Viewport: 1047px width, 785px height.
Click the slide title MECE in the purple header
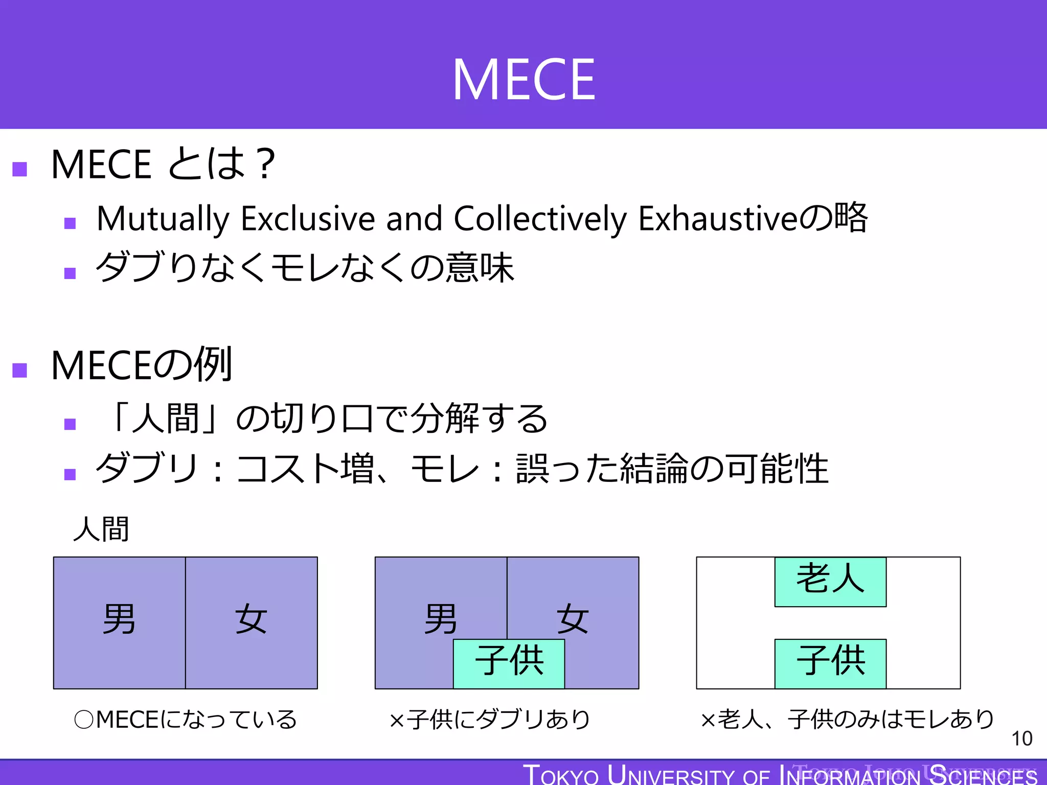click(x=523, y=80)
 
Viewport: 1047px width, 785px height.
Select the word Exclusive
click(x=308, y=219)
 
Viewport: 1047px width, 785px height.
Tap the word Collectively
click(x=540, y=219)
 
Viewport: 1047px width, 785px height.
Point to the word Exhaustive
click(x=718, y=219)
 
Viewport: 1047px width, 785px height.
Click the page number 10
click(x=1021, y=738)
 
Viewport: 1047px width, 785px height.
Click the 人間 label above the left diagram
click(x=101, y=529)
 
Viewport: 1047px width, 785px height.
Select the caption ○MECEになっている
click(x=186, y=720)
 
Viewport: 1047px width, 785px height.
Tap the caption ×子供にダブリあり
click(x=490, y=720)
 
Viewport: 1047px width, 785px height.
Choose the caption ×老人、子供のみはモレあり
click(x=847, y=720)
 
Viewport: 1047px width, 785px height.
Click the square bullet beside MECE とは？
click(x=19, y=169)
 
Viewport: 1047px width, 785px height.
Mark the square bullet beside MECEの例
click(x=19, y=370)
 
